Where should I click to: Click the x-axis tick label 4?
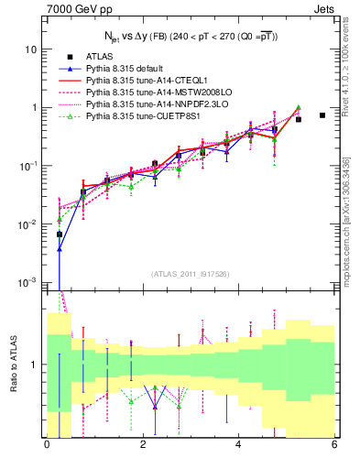238,446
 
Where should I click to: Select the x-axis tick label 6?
334,446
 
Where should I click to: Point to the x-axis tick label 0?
46,446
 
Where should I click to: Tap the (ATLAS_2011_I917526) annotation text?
190,274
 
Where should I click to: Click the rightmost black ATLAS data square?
322,115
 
